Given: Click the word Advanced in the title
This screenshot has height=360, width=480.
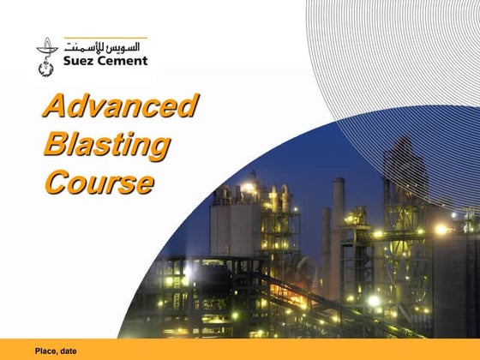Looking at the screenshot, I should click(121, 107).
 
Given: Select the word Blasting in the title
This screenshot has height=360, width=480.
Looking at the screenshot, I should click(106, 144).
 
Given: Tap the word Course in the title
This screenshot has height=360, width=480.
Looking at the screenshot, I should click(99, 182).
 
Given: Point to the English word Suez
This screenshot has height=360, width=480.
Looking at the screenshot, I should click(79, 61).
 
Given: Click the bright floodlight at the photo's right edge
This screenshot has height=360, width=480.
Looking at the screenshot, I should click(441, 229).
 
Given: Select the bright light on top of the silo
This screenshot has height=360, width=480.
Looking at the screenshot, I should click(249, 187).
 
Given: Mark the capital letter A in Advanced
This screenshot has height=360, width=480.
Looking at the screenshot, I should click(56, 107).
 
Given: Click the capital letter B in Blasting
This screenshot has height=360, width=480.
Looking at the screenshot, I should click(56, 144).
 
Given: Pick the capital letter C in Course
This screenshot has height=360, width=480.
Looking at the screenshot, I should click(57, 182).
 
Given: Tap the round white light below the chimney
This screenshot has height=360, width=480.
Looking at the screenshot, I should click(374, 301).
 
